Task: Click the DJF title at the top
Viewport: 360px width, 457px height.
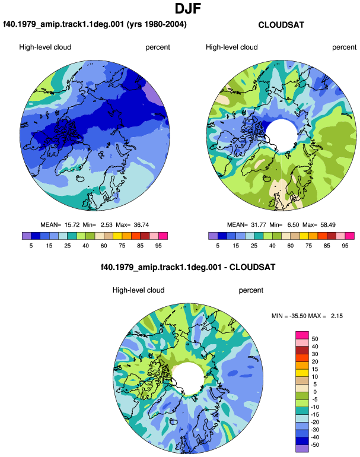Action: pos(188,8)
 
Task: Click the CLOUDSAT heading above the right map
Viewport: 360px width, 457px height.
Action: pos(281,25)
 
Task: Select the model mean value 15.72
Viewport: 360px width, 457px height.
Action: pos(72,225)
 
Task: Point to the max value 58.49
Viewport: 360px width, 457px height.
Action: pos(327,225)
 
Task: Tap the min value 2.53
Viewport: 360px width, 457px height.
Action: pos(107,225)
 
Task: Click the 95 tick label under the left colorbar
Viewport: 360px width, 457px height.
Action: pos(158,246)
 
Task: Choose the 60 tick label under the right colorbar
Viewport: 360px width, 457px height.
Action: pos(291,246)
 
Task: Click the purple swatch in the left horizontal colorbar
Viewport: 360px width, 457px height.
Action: pos(27,236)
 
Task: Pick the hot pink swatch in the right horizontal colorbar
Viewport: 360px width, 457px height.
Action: pos(350,236)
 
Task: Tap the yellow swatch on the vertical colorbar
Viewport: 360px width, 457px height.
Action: pos(302,373)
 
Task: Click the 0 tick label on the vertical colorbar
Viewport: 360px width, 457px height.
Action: pos(315,392)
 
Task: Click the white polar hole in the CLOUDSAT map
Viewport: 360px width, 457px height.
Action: pos(281,135)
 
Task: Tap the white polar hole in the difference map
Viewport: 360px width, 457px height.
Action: pos(188,378)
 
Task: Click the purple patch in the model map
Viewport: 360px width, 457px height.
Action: pos(156,94)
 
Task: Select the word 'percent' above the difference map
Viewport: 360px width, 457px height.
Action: pos(251,290)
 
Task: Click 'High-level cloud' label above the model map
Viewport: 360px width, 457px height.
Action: pos(45,47)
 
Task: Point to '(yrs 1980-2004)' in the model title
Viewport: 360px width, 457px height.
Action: pos(157,24)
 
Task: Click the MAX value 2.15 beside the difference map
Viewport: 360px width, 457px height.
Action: pos(337,316)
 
